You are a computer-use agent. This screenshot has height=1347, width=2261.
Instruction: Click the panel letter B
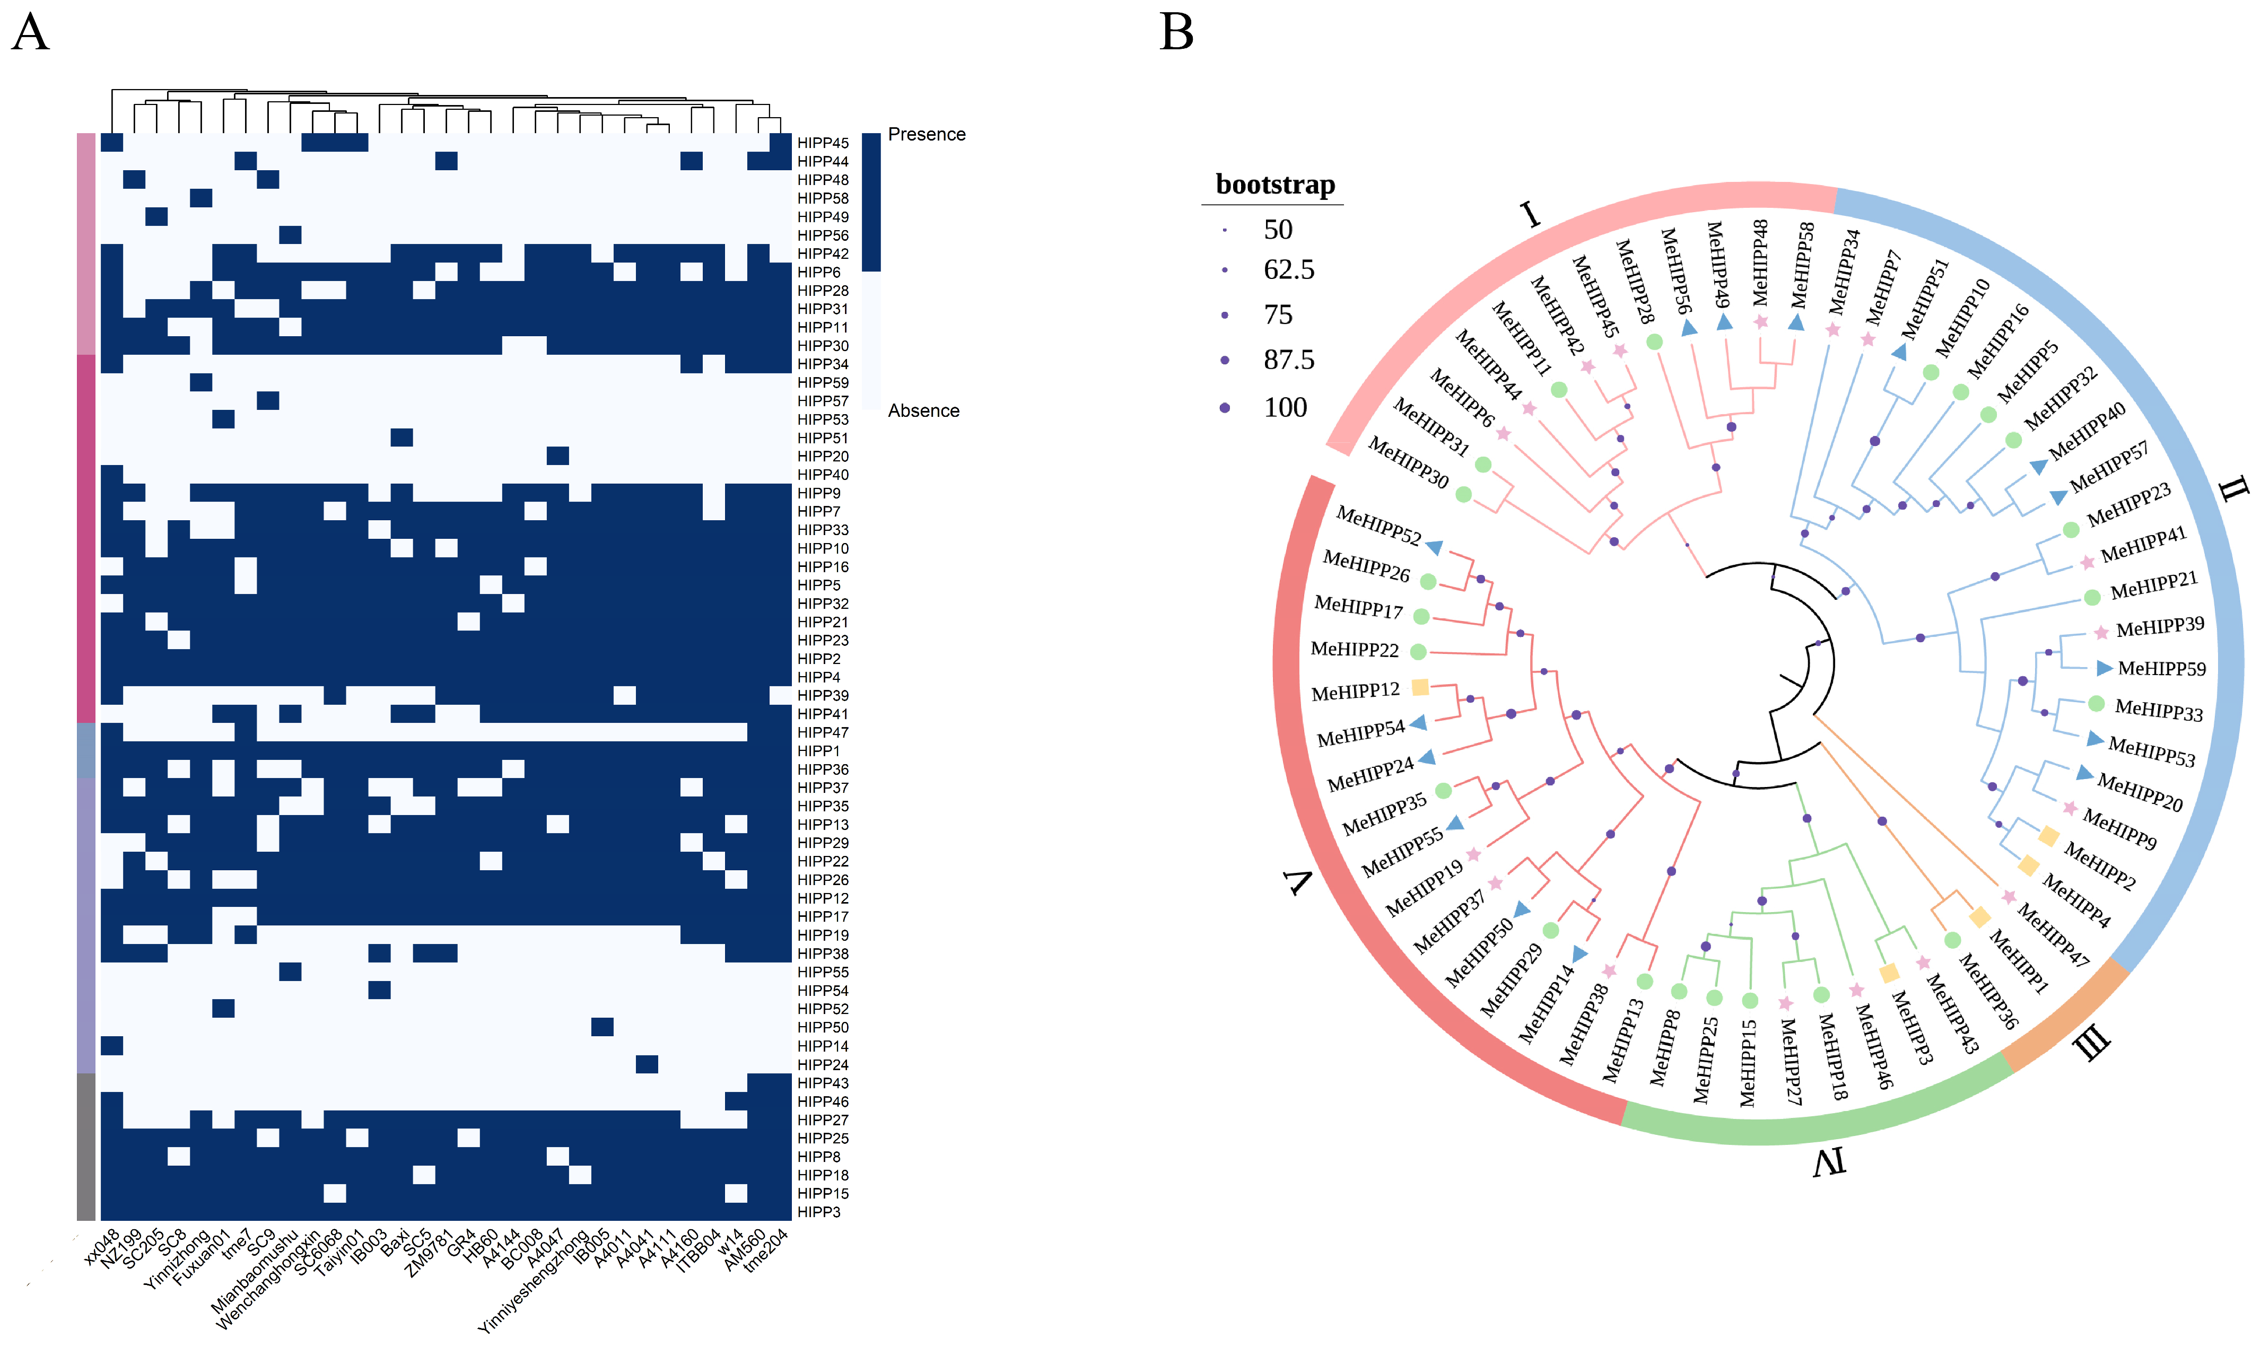(1176, 33)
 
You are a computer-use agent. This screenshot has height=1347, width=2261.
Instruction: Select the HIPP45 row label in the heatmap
(822, 143)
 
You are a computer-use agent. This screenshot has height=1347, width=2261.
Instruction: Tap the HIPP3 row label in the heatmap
(818, 1212)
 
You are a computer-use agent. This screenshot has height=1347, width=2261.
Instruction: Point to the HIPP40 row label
(822, 475)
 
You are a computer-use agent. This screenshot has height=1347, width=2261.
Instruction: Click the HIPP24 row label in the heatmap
(822, 1065)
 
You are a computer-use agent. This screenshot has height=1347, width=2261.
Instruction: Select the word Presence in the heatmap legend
(926, 134)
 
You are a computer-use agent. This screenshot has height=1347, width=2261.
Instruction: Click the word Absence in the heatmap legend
(923, 411)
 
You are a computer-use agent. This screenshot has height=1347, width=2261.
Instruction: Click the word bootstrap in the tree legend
(1274, 185)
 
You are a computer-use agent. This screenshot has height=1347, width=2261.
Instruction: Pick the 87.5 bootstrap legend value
(1288, 361)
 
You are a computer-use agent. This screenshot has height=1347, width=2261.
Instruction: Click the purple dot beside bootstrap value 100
(1225, 408)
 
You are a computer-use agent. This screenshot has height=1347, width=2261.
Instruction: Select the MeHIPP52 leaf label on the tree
(1378, 527)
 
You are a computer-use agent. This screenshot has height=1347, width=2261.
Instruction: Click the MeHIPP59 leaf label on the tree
(2161, 669)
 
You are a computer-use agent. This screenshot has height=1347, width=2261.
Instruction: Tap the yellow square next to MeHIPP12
(1420, 687)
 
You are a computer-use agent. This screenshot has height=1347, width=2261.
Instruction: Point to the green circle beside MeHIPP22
(1418, 652)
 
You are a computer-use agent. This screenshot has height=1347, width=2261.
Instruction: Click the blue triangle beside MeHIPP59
(2103, 668)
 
